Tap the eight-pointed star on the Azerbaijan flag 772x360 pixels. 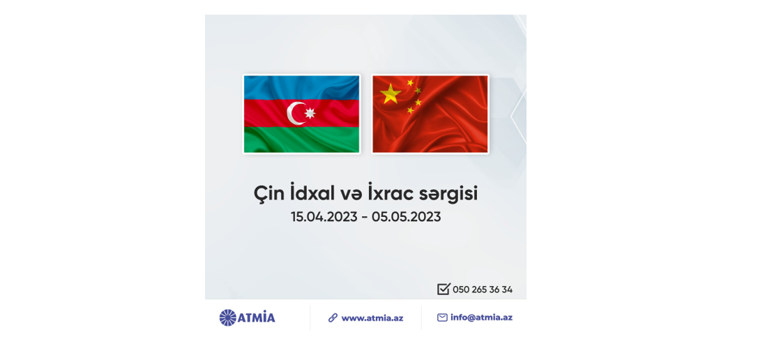(310, 113)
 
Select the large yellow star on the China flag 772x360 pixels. (391, 93)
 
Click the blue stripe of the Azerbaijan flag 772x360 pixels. (302, 88)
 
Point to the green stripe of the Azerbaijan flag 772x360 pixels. (302, 140)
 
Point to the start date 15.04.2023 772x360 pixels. (324, 217)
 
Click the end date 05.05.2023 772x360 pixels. (407, 217)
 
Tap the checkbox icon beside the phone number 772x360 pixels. (444, 289)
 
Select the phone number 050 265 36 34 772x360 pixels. (483, 290)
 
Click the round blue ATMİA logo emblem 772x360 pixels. (227, 317)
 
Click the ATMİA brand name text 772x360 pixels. (257, 317)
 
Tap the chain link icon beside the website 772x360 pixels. (333, 317)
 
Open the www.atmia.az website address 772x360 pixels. (372, 318)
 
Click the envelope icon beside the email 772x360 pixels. (442, 317)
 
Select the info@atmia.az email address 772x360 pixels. (481, 317)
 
